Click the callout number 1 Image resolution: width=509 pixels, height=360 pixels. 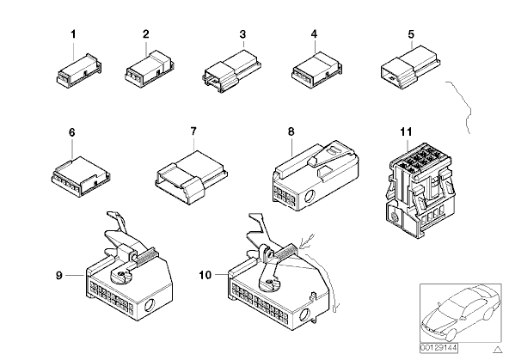pos(73,34)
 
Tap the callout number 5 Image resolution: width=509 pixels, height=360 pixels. pos(411,34)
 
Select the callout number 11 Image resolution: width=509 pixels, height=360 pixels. pos(406,131)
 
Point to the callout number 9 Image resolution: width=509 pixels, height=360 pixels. pos(58,275)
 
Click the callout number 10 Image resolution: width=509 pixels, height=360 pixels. pos(205,275)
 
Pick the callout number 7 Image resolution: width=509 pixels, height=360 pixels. pos(193,131)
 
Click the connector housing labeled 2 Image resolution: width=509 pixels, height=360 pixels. pos(150,69)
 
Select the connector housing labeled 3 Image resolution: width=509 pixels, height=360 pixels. pos(232,70)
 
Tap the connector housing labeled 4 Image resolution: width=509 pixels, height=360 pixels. pos(316,70)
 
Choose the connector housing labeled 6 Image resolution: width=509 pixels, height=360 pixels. pos(81,177)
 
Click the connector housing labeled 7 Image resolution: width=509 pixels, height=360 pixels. pos(191,177)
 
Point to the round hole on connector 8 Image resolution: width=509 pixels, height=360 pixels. pos(310,196)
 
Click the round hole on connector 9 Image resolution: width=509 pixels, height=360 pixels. pos(150,305)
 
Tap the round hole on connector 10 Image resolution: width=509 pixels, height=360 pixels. pos(304,314)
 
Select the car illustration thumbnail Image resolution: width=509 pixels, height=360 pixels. pos(460,314)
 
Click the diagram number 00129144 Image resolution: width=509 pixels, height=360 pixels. pos(438,348)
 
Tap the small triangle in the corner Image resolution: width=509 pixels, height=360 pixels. pos(497,350)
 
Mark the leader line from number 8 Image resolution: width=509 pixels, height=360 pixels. pos(292,147)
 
